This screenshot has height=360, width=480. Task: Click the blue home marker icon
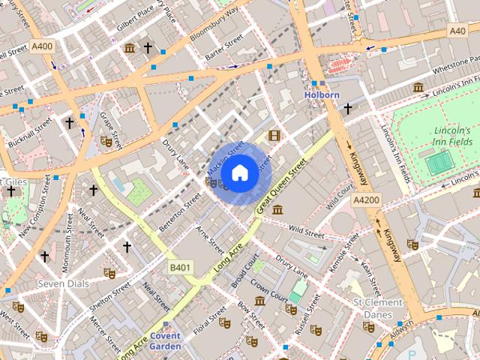(x=239, y=173)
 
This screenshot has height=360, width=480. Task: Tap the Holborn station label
(x=322, y=95)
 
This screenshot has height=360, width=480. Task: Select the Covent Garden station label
(x=165, y=340)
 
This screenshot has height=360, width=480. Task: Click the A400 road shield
(x=42, y=46)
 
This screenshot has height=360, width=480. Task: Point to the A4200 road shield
(x=367, y=201)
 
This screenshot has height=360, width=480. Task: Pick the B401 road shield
(x=180, y=267)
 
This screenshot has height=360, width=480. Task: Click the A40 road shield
(x=457, y=31)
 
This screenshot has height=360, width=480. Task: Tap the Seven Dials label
(x=63, y=283)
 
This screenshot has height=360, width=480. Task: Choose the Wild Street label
(x=305, y=232)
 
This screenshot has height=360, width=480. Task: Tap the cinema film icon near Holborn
(x=274, y=136)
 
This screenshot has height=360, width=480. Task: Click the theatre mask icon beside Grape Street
(x=106, y=140)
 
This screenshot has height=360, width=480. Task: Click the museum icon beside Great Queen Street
(x=277, y=209)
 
